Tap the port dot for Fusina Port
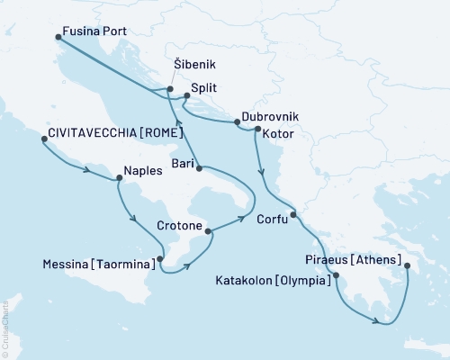(58, 37)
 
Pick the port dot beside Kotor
(257, 130)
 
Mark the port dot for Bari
(198, 168)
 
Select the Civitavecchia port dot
(43, 139)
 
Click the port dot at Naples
(119, 178)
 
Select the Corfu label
(272, 218)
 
